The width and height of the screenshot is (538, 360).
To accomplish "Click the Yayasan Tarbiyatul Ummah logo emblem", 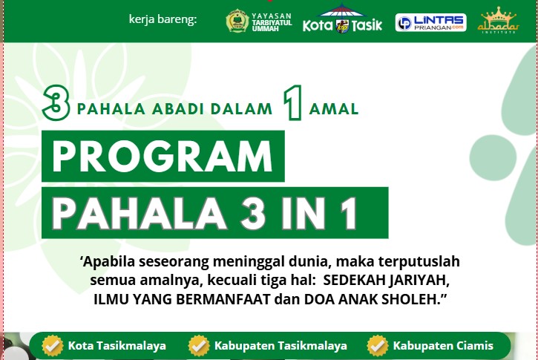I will pyautogui.click(x=237, y=21).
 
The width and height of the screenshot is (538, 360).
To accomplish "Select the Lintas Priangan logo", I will pyautogui.click(x=430, y=22).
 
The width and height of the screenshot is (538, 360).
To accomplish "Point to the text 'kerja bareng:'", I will pyautogui.click(x=163, y=19).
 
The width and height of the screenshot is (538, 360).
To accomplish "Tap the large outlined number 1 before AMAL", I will pyautogui.click(x=293, y=105).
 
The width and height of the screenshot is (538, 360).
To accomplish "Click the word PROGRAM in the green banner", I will pyautogui.click(x=163, y=156).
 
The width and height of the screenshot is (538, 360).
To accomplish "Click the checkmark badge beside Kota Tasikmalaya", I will pyautogui.click(x=52, y=345).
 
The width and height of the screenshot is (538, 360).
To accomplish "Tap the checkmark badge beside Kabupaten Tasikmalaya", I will pyautogui.click(x=199, y=345).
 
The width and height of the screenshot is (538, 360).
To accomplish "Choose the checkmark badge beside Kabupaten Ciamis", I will pyautogui.click(x=378, y=345).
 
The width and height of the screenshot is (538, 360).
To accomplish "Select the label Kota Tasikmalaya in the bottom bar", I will pyautogui.click(x=117, y=346).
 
